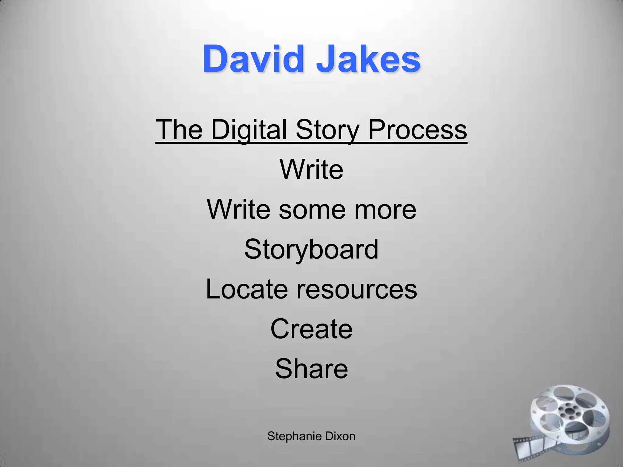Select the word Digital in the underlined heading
(x=249, y=130)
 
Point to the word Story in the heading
(x=328, y=130)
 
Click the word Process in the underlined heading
(x=417, y=130)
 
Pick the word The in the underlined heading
(x=179, y=130)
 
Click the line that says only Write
(x=311, y=169)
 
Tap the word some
(x=312, y=209)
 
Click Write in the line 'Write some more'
(x=238, y=209)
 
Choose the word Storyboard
(x=311, y=249)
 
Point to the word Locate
(x=247, y=289)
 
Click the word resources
(x=357, y=289)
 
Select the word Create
(x=311, y=329)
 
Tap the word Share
(x=311, y=369)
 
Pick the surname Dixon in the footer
(x=340, y=437)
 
